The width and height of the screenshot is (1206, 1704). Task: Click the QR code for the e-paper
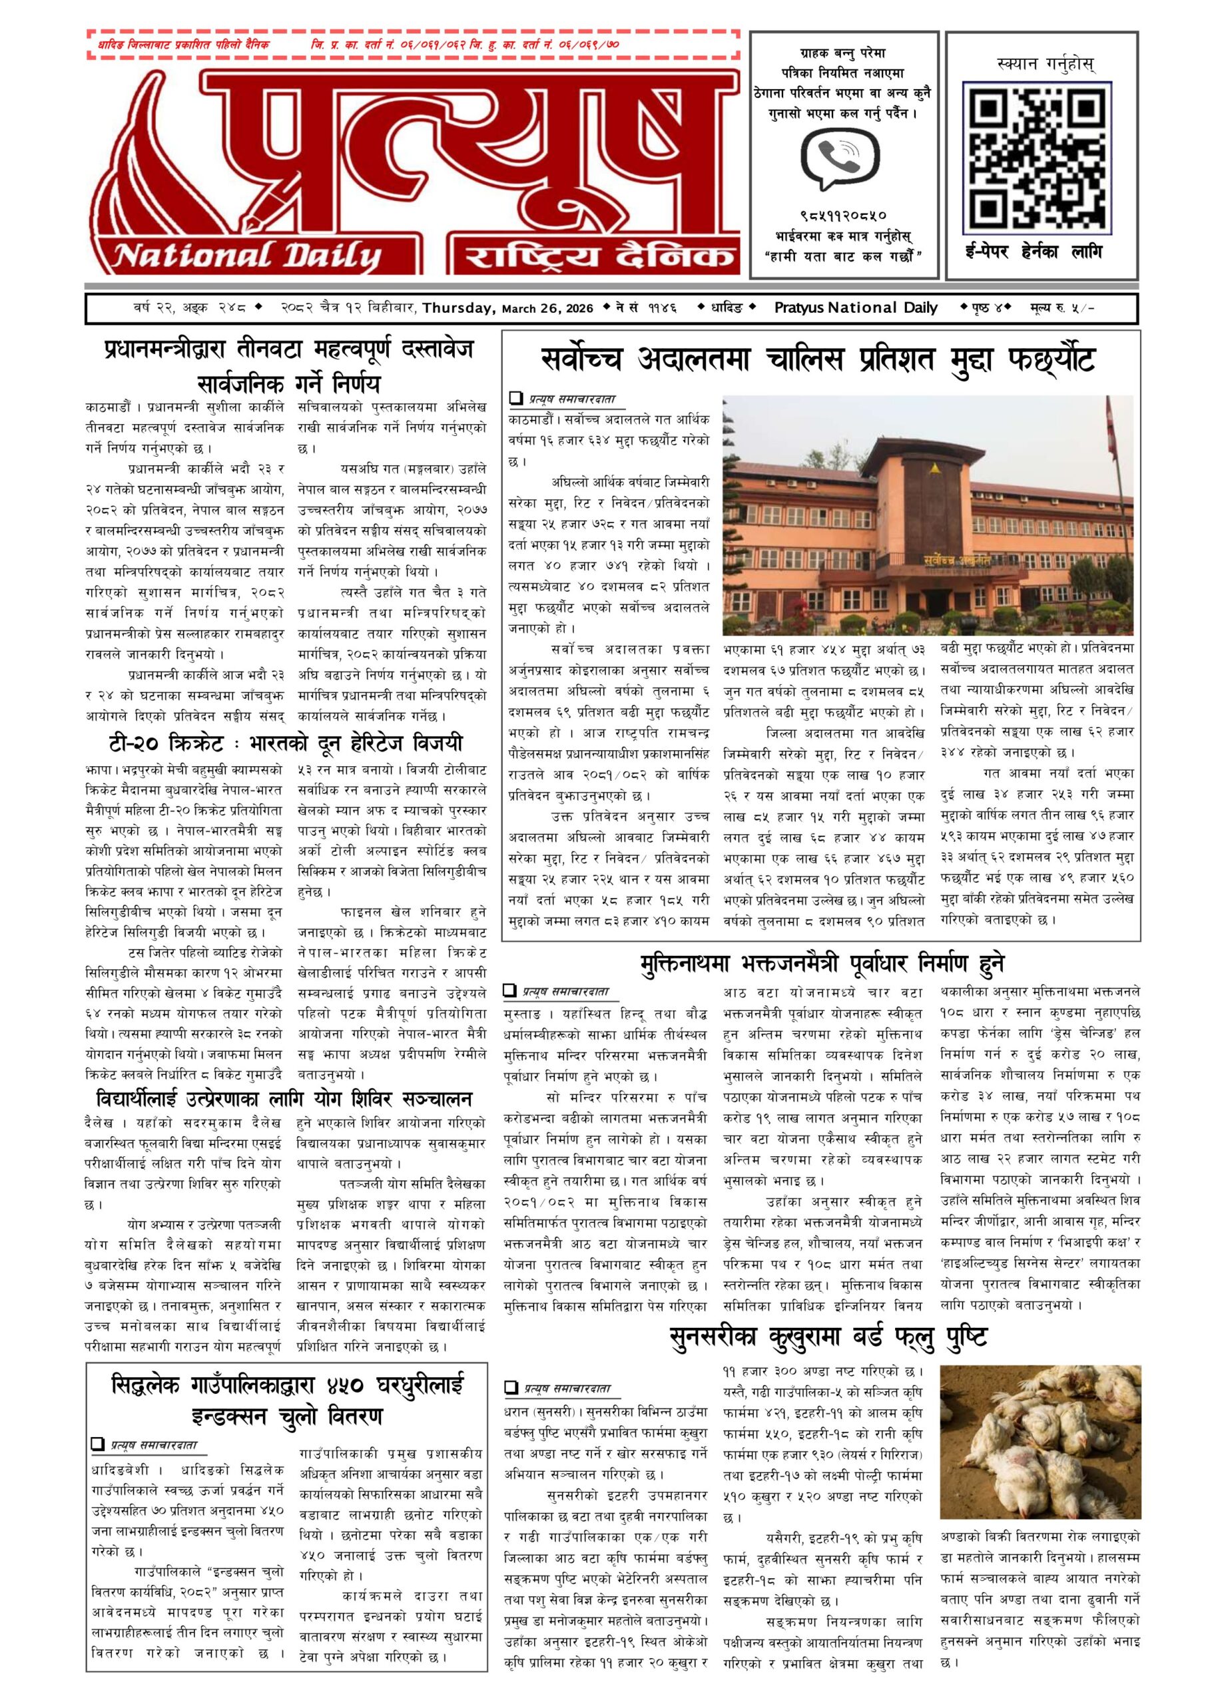click(1038, 155)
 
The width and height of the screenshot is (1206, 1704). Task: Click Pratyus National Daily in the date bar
click(856, 308)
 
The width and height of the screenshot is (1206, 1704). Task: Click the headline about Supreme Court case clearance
click(818, 361)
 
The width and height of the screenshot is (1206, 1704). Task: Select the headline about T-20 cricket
click(284, 744)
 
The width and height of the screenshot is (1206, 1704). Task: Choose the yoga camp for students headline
click(284, 1098)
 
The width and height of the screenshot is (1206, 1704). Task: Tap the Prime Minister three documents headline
click(288, 365)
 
